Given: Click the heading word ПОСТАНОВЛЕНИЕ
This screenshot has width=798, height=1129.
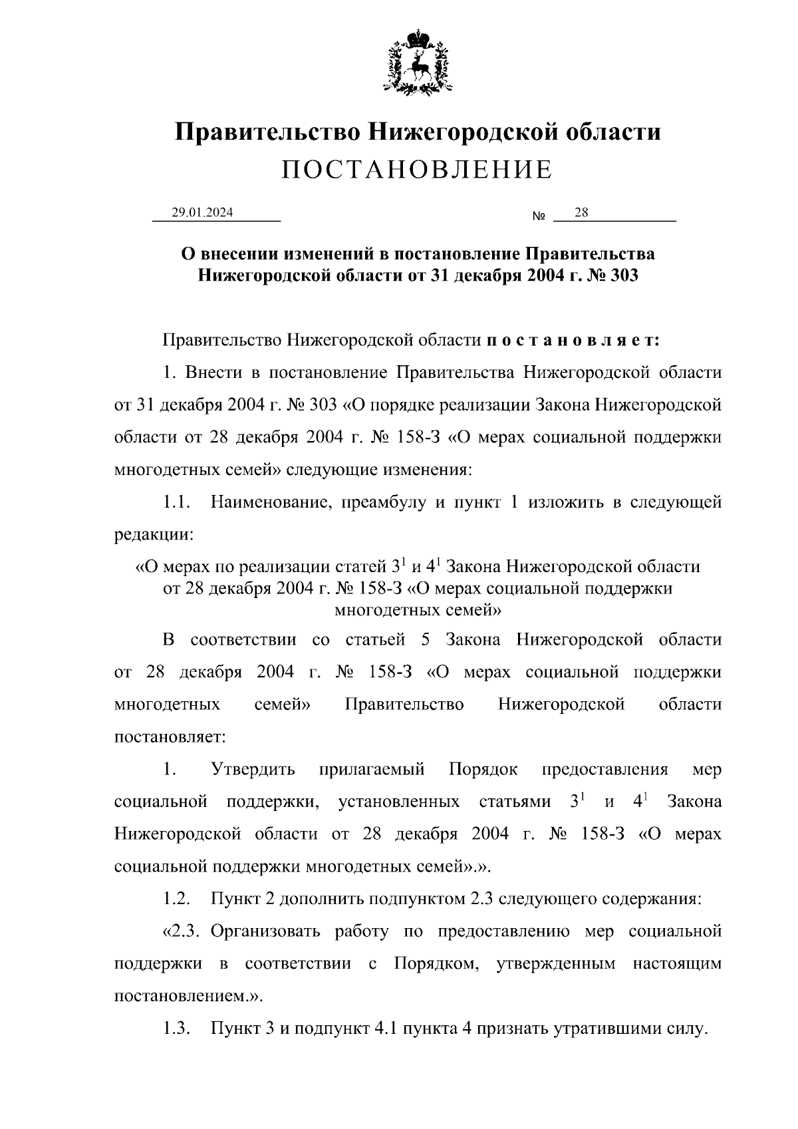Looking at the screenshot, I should coord(417,170).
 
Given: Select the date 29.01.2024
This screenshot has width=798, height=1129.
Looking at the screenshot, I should coord(202,213).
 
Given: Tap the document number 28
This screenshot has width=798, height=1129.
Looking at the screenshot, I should coord(581,212).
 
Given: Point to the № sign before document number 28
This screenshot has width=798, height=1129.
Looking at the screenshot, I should coord(539,217).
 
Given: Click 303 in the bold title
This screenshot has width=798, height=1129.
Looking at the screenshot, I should coord(623,275).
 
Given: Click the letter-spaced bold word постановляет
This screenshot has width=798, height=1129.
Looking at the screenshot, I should coord(572,340).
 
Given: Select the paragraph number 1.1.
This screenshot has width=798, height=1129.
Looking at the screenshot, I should coord(178,502).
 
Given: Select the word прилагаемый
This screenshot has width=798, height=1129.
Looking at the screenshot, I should coord(372,770).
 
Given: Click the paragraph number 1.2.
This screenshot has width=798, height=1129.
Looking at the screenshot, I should coord(178,899).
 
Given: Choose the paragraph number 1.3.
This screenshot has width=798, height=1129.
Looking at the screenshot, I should coord(178,1029).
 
